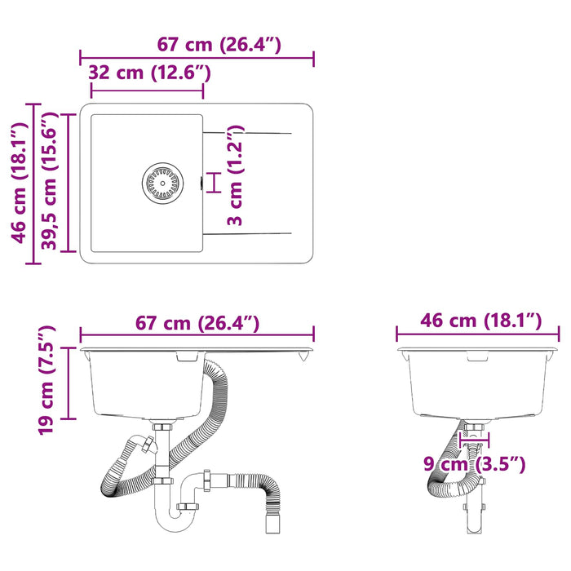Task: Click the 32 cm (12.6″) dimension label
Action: (149, 73)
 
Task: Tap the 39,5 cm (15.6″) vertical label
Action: (49, 181)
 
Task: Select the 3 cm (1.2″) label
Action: (235, 175)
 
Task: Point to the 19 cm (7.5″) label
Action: (46, 380)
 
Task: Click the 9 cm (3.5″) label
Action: (474, 464)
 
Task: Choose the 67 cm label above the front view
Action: (197, 323)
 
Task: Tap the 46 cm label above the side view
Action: (481, 321)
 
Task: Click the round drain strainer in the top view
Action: (162, 184)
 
